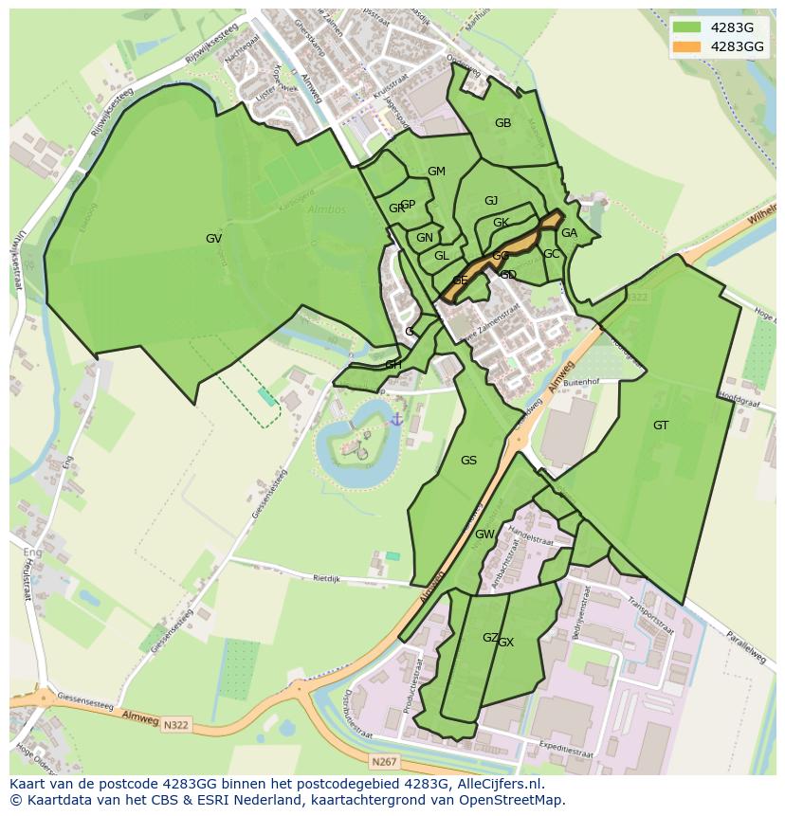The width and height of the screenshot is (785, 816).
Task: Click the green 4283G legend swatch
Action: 686,27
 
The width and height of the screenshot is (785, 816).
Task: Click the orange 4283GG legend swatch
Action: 686,46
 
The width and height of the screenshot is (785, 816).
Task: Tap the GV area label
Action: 213,239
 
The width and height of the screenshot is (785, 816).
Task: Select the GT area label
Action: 661,426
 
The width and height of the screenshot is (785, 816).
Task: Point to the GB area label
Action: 502,123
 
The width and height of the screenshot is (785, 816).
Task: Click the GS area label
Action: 468,461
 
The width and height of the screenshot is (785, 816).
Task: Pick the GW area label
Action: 484,535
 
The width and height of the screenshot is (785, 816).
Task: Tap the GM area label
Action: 436,172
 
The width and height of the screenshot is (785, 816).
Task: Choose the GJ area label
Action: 491,201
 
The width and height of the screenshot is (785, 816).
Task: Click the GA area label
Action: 569,233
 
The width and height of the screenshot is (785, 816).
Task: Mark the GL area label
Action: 441,256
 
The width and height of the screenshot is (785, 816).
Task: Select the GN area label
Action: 424,238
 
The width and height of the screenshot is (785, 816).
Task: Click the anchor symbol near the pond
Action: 396,418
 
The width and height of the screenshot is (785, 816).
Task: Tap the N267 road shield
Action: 384,761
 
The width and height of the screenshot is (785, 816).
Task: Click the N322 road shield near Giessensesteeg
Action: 174,725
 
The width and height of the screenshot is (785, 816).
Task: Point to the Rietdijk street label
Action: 326,576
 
